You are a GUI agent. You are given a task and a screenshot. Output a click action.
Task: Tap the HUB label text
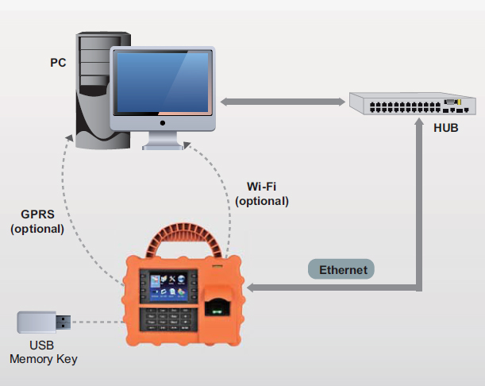tap(445, 128)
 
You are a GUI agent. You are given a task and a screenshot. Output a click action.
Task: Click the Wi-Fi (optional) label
tap(261, 194)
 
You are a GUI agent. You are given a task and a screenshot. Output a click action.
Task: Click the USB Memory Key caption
tap(43, 353)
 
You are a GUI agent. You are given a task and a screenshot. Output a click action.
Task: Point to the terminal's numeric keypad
tap(168, 320)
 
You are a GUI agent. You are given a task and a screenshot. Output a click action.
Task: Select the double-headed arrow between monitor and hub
tap(282, 102)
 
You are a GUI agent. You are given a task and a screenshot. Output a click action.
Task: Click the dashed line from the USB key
tap(100, 322)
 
